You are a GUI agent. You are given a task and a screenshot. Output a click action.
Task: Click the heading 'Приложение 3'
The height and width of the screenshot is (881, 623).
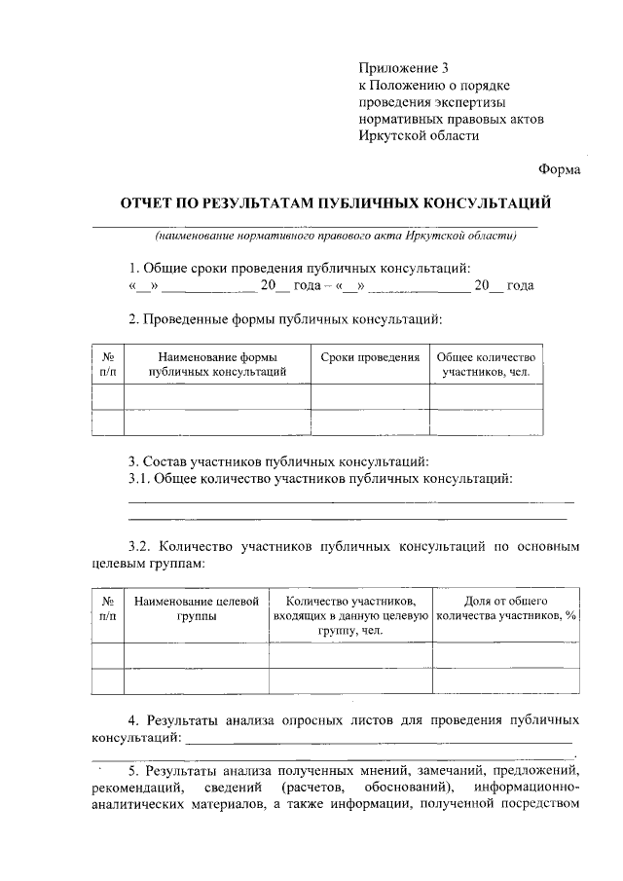coord(405,68)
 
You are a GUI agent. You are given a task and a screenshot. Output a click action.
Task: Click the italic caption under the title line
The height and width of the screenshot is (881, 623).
coord(335,236)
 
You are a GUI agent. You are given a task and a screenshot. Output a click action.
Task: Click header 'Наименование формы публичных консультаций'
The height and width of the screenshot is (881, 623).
coord(217,365)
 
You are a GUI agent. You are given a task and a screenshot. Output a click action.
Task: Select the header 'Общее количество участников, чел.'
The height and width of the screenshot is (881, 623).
coord(486,365)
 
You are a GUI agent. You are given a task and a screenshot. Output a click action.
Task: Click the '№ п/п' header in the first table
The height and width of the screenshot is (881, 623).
coord(108,365)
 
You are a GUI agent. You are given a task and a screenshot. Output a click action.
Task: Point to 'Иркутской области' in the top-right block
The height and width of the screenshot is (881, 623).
coord(419,136)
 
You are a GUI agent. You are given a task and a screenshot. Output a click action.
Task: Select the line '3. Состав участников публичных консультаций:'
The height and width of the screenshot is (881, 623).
coord(278,460)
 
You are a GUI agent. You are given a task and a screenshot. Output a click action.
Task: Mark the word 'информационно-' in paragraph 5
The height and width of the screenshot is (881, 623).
coord(528,786)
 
